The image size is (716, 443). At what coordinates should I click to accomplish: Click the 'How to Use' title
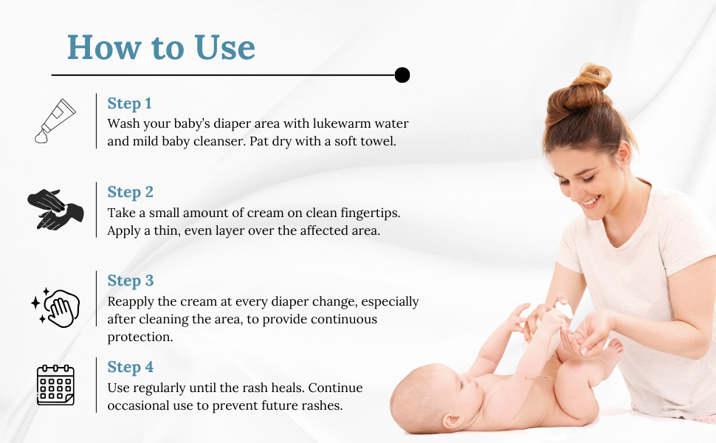click(x=161, y=47)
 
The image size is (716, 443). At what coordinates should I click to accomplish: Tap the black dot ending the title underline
click(x=402, y=75)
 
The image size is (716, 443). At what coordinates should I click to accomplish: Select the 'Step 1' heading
click(x=129, y=103)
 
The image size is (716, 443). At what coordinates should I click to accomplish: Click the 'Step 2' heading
click(x=130, y=192)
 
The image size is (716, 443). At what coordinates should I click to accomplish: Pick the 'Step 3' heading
click(x=130, y=281)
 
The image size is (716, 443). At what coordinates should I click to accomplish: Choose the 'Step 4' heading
click(x=130, y=367)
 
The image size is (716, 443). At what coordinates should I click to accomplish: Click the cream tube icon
click(x=55, y=121)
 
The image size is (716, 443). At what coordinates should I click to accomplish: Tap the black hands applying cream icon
click(x=55, y=209)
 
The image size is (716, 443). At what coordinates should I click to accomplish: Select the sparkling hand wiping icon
click(x=55, y=307)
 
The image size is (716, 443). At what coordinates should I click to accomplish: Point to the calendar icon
click(x=55, y=385)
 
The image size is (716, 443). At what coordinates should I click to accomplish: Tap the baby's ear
click(x=452, y=420)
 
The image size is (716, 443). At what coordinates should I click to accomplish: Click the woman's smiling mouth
click(x=591, y=202)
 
